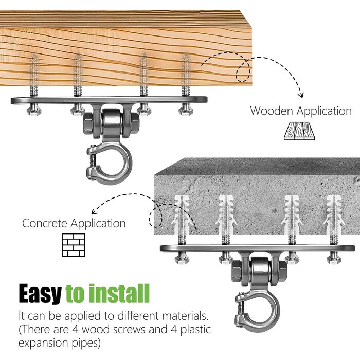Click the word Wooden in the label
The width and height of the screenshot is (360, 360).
272,111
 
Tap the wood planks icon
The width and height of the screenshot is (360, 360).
299,131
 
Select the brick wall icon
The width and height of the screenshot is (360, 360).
74,245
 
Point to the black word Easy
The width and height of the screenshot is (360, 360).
40,294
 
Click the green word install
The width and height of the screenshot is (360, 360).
119,294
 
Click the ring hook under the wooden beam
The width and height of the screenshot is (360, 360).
110,164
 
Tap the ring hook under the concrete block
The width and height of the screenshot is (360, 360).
257,311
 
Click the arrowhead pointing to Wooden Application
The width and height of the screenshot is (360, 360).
301,95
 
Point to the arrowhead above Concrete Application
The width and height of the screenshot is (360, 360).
94,211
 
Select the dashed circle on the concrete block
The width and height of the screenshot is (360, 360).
155,215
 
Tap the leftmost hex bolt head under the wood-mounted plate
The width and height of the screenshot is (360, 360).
34,112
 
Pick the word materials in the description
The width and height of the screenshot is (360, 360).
186,316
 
